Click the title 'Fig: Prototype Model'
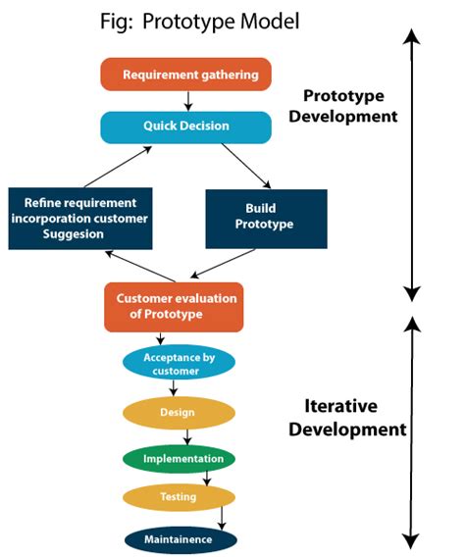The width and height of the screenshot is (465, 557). click(x=200, y=22)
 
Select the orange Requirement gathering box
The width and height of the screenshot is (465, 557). click(x=185, y=75)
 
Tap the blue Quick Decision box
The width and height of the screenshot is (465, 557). click(x=185, y=127)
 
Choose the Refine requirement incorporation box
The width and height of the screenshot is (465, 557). click(x=79, y=217)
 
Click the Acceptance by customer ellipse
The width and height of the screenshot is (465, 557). click(x=179, y=364)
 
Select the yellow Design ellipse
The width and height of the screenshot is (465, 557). click(x=178, y=412)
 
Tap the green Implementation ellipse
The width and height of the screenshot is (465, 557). click(x=178, y=458)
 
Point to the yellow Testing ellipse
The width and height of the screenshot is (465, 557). click(x=178, y=497)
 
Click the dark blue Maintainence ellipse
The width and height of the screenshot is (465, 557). click(x=181, y=538)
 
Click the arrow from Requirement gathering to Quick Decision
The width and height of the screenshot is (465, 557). click(x=185, y=100)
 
